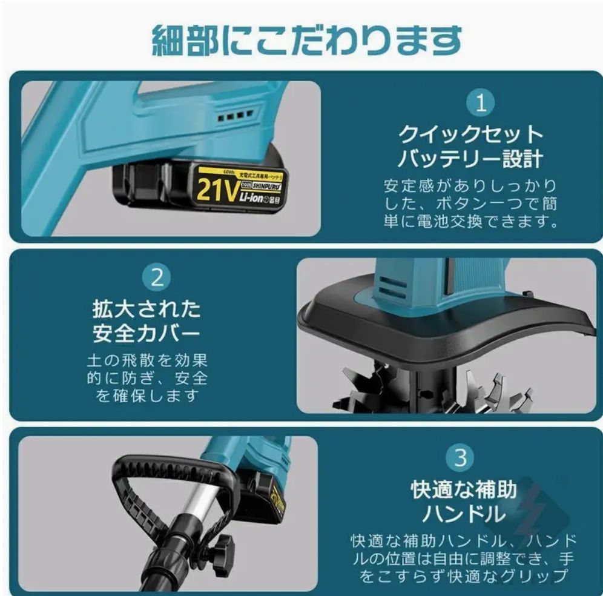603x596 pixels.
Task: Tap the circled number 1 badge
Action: coord(481,104)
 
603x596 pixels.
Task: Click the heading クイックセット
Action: coord(470,134)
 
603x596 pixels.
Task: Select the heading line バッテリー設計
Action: coord(470,159)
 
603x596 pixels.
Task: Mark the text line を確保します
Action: coord(147,396)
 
